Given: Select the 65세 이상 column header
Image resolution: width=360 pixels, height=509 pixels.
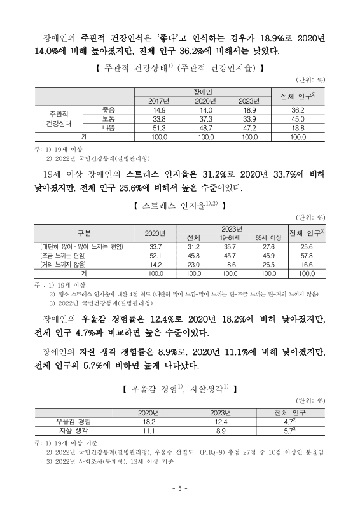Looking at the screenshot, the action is [x=267, y=237].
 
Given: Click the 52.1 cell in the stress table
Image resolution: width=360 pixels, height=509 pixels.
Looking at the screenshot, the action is [x=156, y=254].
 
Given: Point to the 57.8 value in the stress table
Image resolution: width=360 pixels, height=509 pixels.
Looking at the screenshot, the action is [x=307, y=254].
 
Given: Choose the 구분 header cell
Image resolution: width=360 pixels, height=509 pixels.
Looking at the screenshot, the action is [x=84, y=232].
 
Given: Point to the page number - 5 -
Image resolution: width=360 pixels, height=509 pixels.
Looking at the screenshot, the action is [x=180, y=488].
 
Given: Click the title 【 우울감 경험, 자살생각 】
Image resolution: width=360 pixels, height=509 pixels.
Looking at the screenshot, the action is [x=180, y=386].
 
